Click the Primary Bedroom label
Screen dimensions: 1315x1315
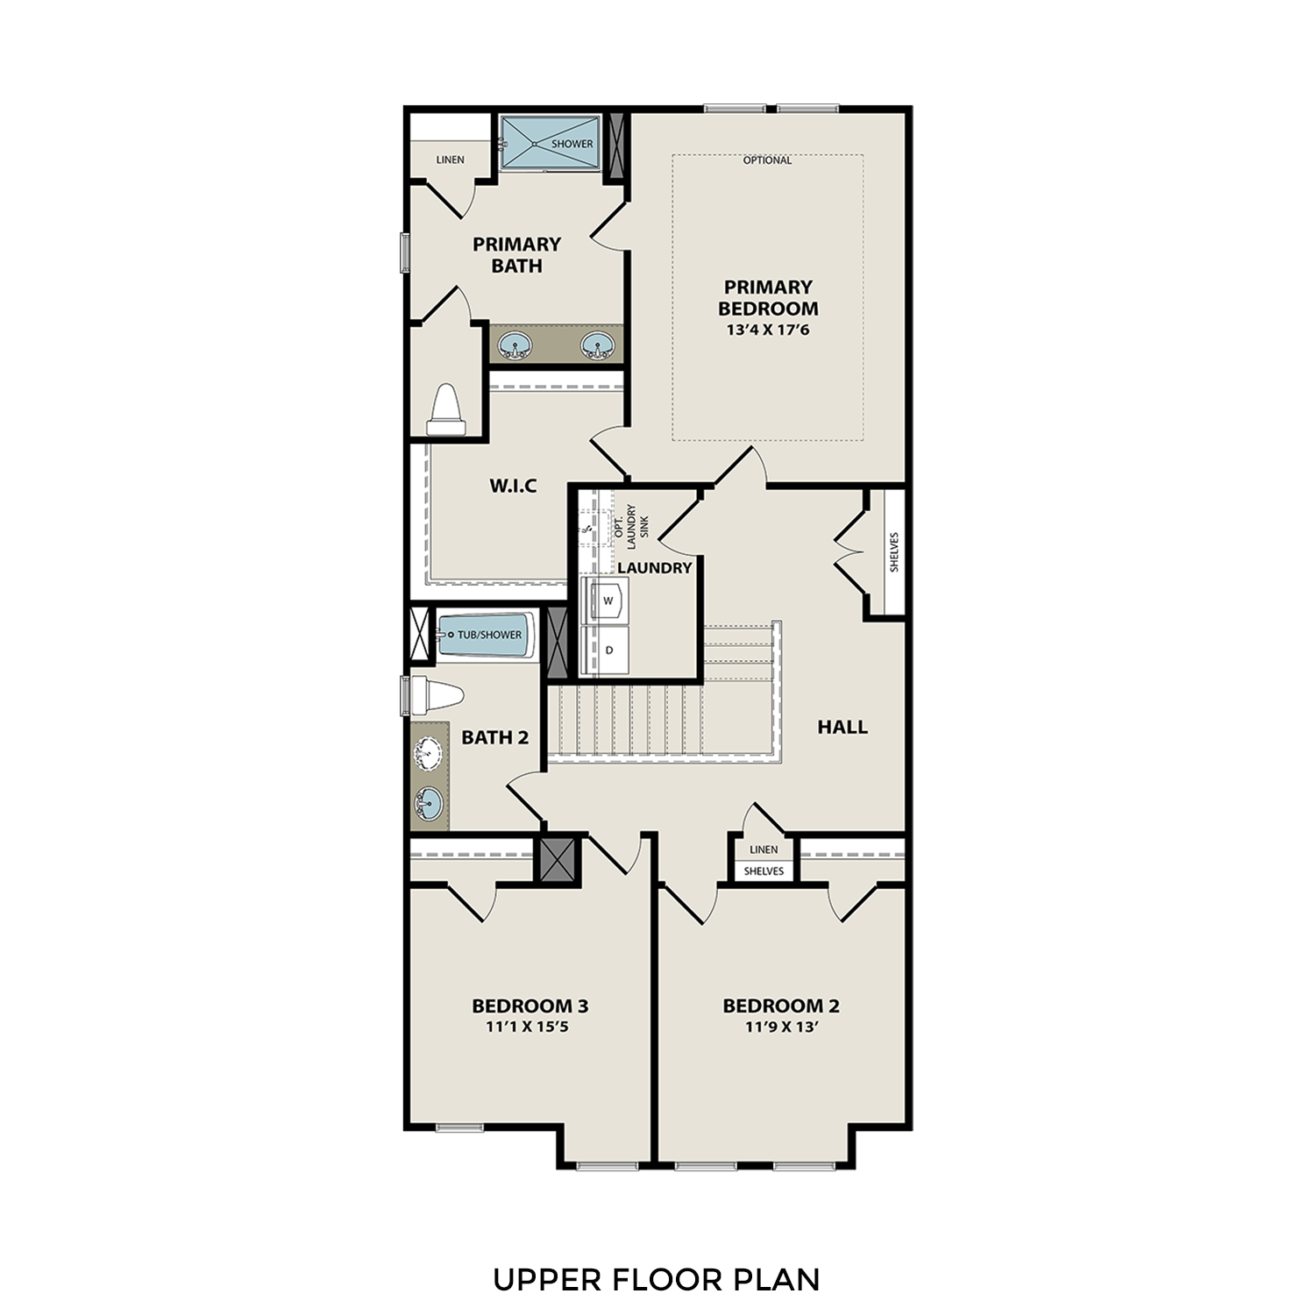[x=767, y=297]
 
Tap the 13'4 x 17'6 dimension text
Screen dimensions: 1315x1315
[x=767, y=331]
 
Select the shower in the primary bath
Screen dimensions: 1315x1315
[x=550, y=143]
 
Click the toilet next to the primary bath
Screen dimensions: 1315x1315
[x=446, y=409]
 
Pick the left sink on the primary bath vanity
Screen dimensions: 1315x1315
[x=515, y=345]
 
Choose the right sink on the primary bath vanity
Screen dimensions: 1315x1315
[x=597, y=345]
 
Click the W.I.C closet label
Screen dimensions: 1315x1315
[x=513, y=486]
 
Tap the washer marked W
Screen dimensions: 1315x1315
[x=608, y=601]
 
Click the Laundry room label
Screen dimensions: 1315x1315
[x=654, y=568]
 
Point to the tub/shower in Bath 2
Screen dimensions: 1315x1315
[x=486, y=635]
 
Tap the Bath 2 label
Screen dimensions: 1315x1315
[x=495, y=737]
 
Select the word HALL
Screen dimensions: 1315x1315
[x=842, y=727]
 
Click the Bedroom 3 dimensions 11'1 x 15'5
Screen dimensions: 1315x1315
[x=528, y=1027]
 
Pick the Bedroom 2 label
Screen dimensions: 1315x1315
[x=780, y=1006]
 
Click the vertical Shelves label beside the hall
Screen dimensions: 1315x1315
[x=894, y=552]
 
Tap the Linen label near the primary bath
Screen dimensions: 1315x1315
[x=451, y=160]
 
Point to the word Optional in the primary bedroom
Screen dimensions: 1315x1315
[x=767, y=160]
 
